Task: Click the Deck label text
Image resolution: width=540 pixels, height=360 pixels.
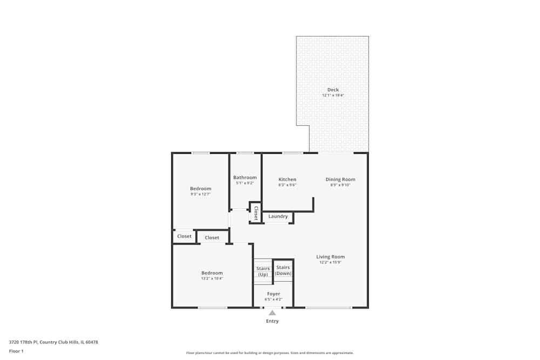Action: coord(333,90)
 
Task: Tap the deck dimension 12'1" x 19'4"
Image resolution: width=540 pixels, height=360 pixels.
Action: coord(333,96)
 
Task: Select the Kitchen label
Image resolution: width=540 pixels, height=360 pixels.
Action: coord(287,179)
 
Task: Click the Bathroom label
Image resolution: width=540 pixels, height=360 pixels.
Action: coord(245,178)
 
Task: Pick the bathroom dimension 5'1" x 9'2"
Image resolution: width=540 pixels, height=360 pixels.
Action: coord(245,184)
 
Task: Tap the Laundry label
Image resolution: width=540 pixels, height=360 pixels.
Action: coord(278,216)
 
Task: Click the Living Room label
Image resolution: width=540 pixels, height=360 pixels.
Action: coord(330,257)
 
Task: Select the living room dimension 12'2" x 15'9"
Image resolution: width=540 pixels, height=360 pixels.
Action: coord(330,262)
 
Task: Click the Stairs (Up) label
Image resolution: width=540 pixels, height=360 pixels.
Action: coord(263,271)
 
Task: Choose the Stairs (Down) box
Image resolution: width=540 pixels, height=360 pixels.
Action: coord(283,270)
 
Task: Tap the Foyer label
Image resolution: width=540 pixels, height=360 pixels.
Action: coord(273,294)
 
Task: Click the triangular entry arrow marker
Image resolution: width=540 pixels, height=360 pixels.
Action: coord(272,313)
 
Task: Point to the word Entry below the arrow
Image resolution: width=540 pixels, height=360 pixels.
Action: coord(272,321)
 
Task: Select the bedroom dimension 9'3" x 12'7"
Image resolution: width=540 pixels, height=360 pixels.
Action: coord(200,194)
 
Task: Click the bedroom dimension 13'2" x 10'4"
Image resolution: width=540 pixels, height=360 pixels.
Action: coord(212,279)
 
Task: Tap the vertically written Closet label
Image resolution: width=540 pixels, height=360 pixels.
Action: coord(256,213)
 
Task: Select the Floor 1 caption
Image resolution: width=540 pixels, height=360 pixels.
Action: coord(16,351)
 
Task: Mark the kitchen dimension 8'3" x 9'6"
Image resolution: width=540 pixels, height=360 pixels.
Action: coord(287,185)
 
